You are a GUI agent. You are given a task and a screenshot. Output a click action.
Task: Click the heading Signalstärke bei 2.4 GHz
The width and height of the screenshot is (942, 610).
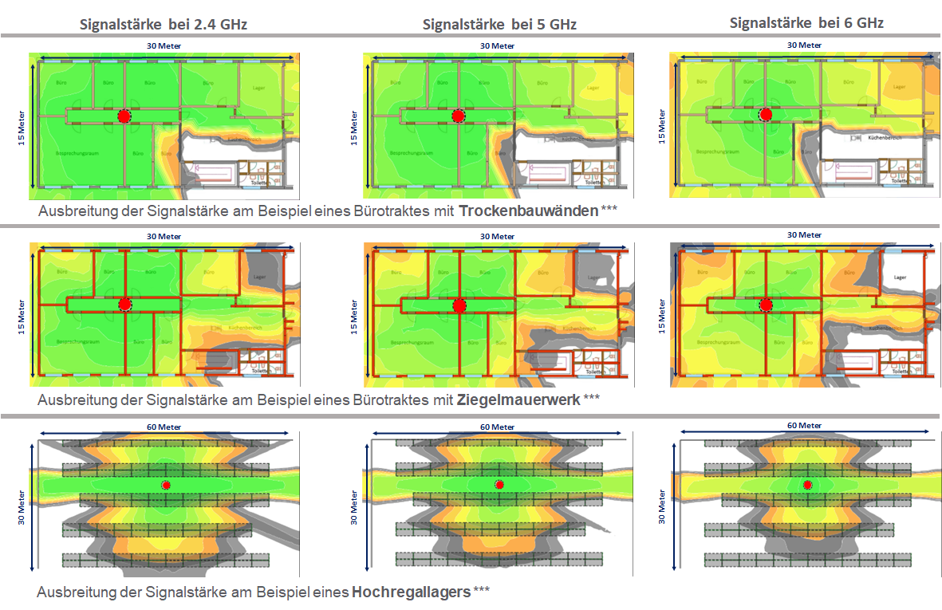164,25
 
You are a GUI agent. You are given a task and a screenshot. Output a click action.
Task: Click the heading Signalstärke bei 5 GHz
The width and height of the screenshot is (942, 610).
499,25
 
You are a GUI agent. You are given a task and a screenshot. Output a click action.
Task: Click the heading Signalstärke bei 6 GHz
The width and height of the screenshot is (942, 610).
806,23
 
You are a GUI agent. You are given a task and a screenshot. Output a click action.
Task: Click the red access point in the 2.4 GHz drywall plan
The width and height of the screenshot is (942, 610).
124,116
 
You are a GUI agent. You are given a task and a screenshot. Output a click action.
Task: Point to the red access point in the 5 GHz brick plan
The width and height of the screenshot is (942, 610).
459,305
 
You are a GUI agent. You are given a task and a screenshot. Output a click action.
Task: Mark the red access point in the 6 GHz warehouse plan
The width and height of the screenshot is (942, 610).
807,485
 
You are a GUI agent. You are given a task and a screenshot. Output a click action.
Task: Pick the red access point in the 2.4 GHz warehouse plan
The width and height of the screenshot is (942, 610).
166,485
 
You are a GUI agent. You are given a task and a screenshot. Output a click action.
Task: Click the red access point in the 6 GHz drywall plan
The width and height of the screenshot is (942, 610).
767,116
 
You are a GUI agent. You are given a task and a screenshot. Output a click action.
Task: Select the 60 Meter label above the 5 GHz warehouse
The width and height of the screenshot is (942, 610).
498,427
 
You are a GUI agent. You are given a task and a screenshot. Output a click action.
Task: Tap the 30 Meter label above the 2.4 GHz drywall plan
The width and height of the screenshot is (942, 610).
163,45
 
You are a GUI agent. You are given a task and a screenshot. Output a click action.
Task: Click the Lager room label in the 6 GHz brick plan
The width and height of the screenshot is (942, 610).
900,277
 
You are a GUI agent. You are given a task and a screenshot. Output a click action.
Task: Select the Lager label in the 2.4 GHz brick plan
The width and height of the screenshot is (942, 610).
259,277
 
